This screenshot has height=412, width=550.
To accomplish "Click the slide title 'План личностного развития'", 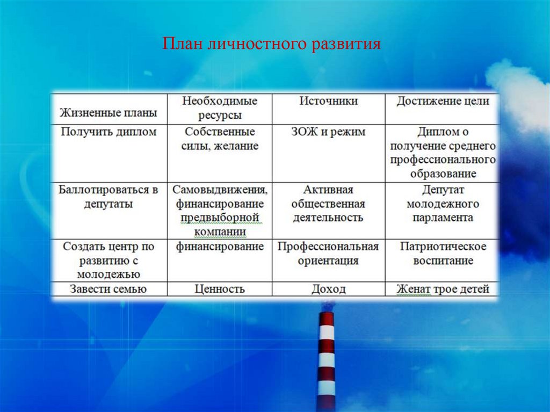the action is point(271,44).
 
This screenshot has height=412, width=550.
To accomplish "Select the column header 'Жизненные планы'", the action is point(108,113).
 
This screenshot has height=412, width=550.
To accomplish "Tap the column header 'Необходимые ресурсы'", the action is point(220,108).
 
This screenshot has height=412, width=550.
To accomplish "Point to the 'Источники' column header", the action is point(328,101).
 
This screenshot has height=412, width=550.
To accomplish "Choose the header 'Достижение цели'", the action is point(443,101).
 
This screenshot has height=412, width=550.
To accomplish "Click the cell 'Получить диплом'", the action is point(108,132).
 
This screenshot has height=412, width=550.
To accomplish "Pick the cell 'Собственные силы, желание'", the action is point(220,139).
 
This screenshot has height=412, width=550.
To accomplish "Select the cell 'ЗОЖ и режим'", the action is point(328,132).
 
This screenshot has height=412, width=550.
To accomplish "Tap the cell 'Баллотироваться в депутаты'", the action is point(108,197).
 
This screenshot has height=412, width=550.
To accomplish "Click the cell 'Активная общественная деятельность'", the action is point(328,204).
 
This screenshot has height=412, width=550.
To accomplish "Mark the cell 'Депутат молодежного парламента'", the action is point(443,204).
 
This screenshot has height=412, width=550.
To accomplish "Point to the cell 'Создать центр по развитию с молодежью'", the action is point(108,260).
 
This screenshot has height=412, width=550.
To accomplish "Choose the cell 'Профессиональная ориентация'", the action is point(328,254).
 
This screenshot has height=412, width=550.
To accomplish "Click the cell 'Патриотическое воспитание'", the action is point(443,254).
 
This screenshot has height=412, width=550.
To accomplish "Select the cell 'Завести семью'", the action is point(108,289).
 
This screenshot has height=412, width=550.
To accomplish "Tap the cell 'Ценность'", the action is point(220,289).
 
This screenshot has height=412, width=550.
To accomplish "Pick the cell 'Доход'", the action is point(328,289).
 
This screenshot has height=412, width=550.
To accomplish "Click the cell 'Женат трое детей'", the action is point(443,289).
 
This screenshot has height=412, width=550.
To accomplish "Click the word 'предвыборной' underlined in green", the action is point(220,218).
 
